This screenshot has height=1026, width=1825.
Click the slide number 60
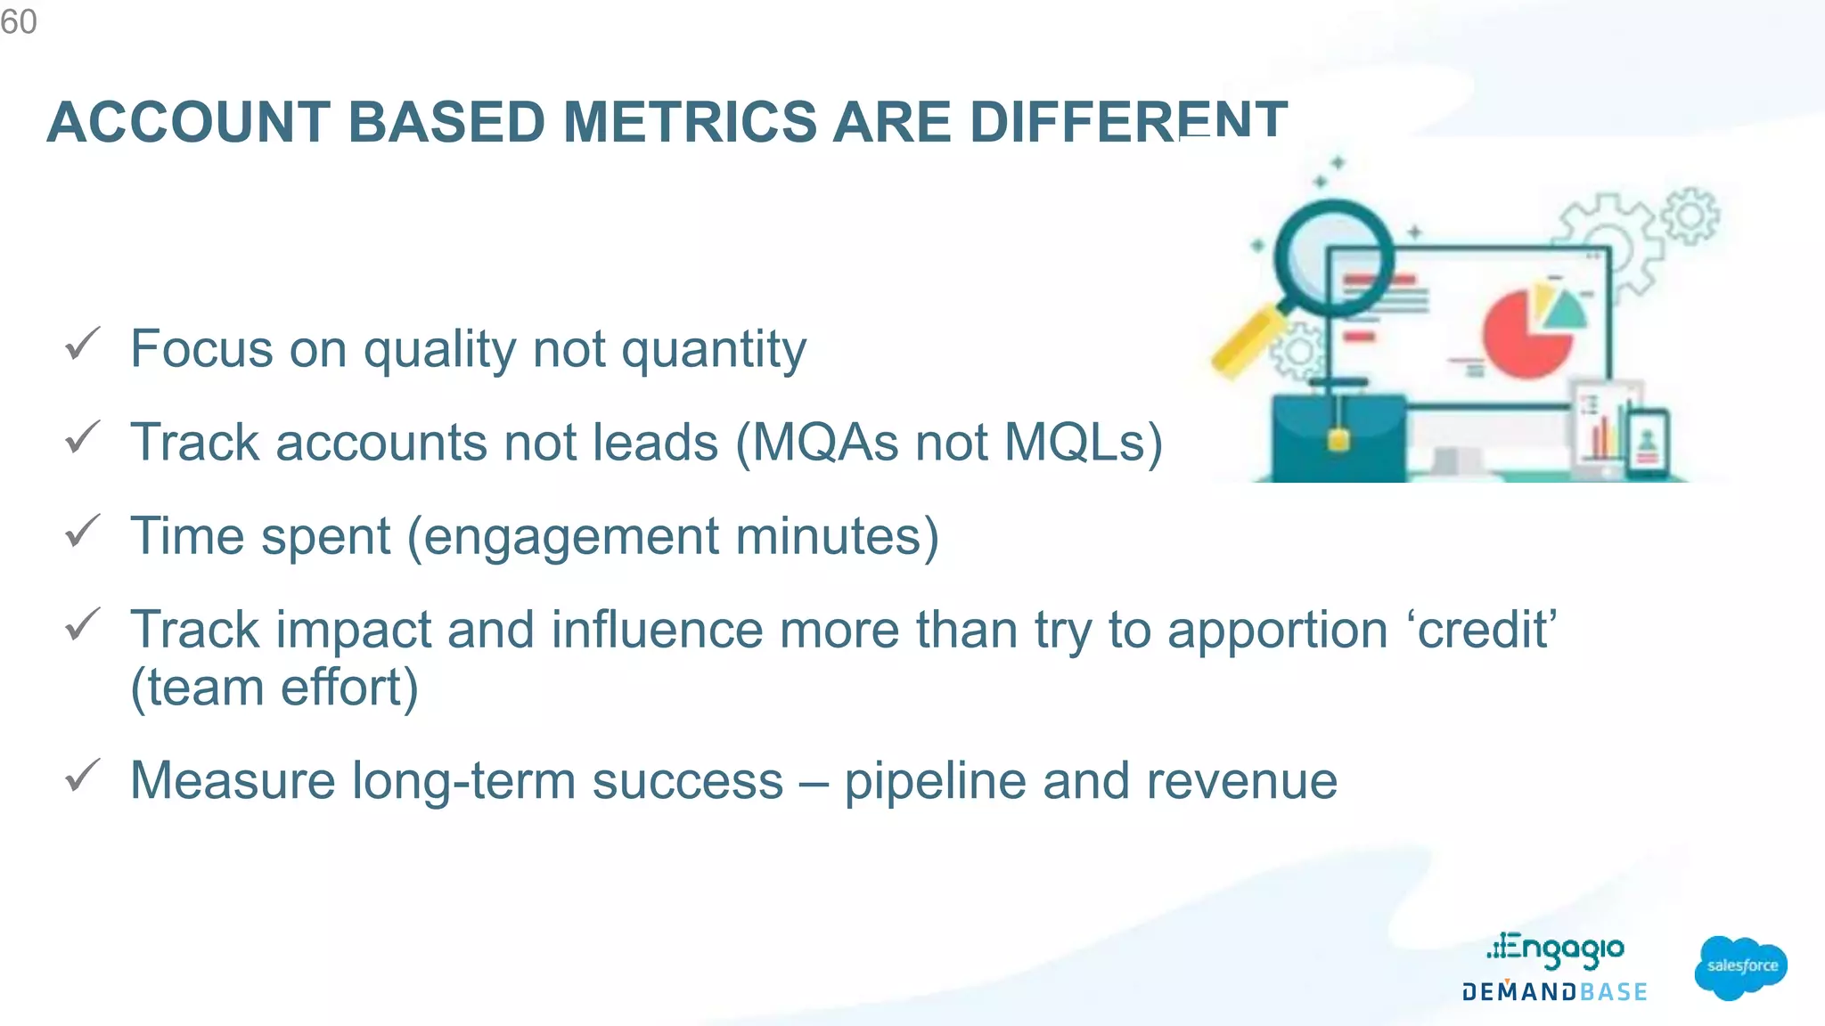[x=19, y=21]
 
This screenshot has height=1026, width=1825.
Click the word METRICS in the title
[x=689, y=122]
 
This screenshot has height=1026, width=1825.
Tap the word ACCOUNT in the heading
[x=188, y=122]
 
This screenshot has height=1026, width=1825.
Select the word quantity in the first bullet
[x=713, y=349]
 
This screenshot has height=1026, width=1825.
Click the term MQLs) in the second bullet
[x=1083, y=443]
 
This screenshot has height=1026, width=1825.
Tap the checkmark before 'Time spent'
[x=83, y=532]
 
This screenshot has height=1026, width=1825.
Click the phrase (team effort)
[x=274, y=688]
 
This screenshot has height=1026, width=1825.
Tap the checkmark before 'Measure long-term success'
[x=83, y=776]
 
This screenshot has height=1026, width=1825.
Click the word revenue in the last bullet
[x=1241, y=781]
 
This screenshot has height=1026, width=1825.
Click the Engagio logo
[x=1555, y=949]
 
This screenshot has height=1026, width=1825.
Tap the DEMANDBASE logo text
[x=1555, y=992]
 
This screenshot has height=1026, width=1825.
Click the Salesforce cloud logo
[x=1740, y=966]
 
